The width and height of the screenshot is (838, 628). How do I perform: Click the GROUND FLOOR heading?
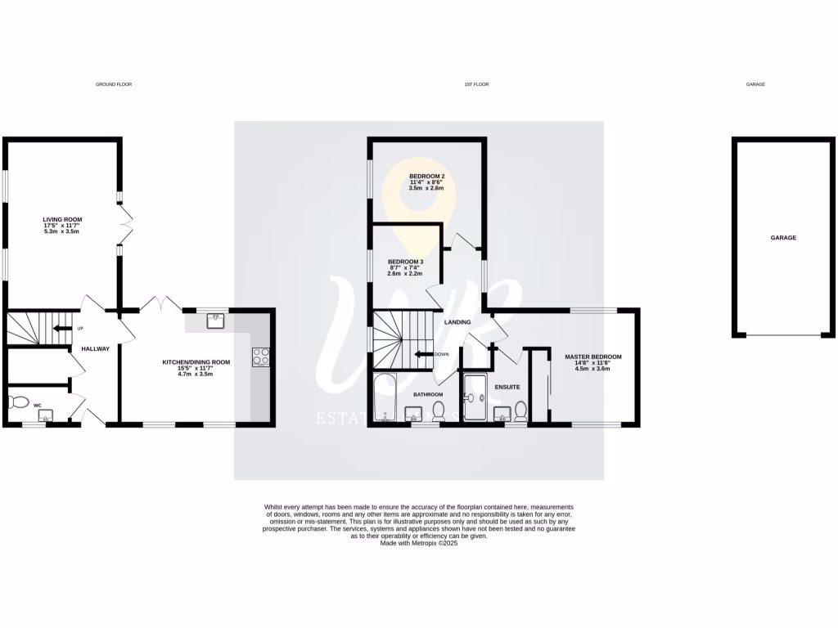click(114, 84)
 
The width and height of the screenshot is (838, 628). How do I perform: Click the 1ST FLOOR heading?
click(476, 84)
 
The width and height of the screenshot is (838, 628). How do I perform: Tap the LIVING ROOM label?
click(63, 219)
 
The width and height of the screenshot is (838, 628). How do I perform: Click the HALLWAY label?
click(96, 349)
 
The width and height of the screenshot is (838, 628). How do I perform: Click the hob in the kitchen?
click(261, 357)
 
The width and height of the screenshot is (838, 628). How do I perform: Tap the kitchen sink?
click(216, 320)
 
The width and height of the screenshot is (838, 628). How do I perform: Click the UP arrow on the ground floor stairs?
click(60, 329)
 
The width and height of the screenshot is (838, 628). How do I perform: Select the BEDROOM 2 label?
click(426, 176)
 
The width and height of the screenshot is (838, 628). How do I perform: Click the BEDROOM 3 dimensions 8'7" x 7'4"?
click(405, 268)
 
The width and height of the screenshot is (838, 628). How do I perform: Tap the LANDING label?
click(457, 322)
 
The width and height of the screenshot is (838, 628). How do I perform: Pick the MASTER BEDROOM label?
click(593, 357)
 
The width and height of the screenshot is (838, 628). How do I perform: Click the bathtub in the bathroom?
click(384, 399)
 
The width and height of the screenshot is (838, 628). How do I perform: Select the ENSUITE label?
click(507, 386)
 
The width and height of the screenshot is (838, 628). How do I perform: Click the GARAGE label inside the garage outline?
click(783, 238)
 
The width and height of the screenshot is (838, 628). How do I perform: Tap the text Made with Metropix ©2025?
click(418, 543)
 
